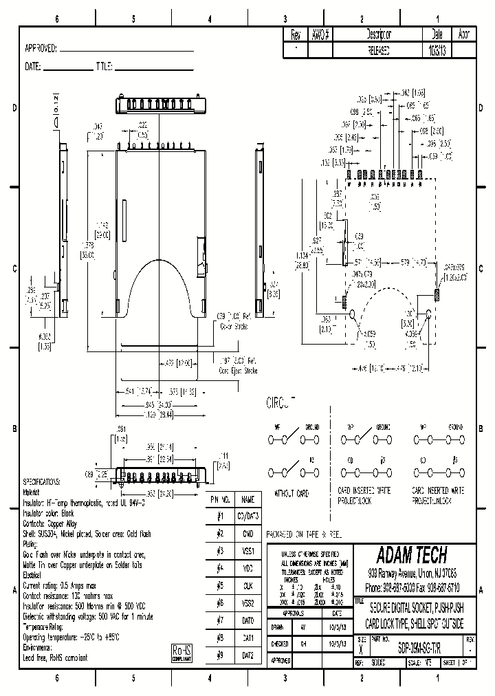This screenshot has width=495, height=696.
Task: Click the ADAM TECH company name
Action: pyautogui.click(x=412, y=555)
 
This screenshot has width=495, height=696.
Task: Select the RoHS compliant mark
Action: pyautogui.click(x=181, y=653)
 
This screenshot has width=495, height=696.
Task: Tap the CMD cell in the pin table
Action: pyautogui.click(x=248, y=533)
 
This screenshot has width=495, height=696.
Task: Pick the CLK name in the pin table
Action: pyautogui.click(x=248, y=585)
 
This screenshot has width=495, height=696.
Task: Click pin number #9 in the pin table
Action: pyautogui.click(x=221, y=655)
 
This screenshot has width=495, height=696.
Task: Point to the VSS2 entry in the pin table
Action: pyautogui.click(x=248, y=603)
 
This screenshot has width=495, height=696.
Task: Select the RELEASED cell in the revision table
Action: pyautogui.click(x=379, y=50)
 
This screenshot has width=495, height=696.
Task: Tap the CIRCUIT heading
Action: pyautogui.click(x=280, y=402)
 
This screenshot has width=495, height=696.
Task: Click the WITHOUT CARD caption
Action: pyautogui.click(x=292, y=493)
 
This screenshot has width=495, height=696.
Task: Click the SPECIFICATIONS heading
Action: pyautogui.click(x=42, y=482)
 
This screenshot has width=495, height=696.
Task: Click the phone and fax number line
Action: pyautogui.click(x=412, y=588)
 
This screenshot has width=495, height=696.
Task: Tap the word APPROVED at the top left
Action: pyautogui.click(x=41, y=49)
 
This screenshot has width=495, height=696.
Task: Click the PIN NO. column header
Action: pyautogui.click(x=221, y=499)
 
